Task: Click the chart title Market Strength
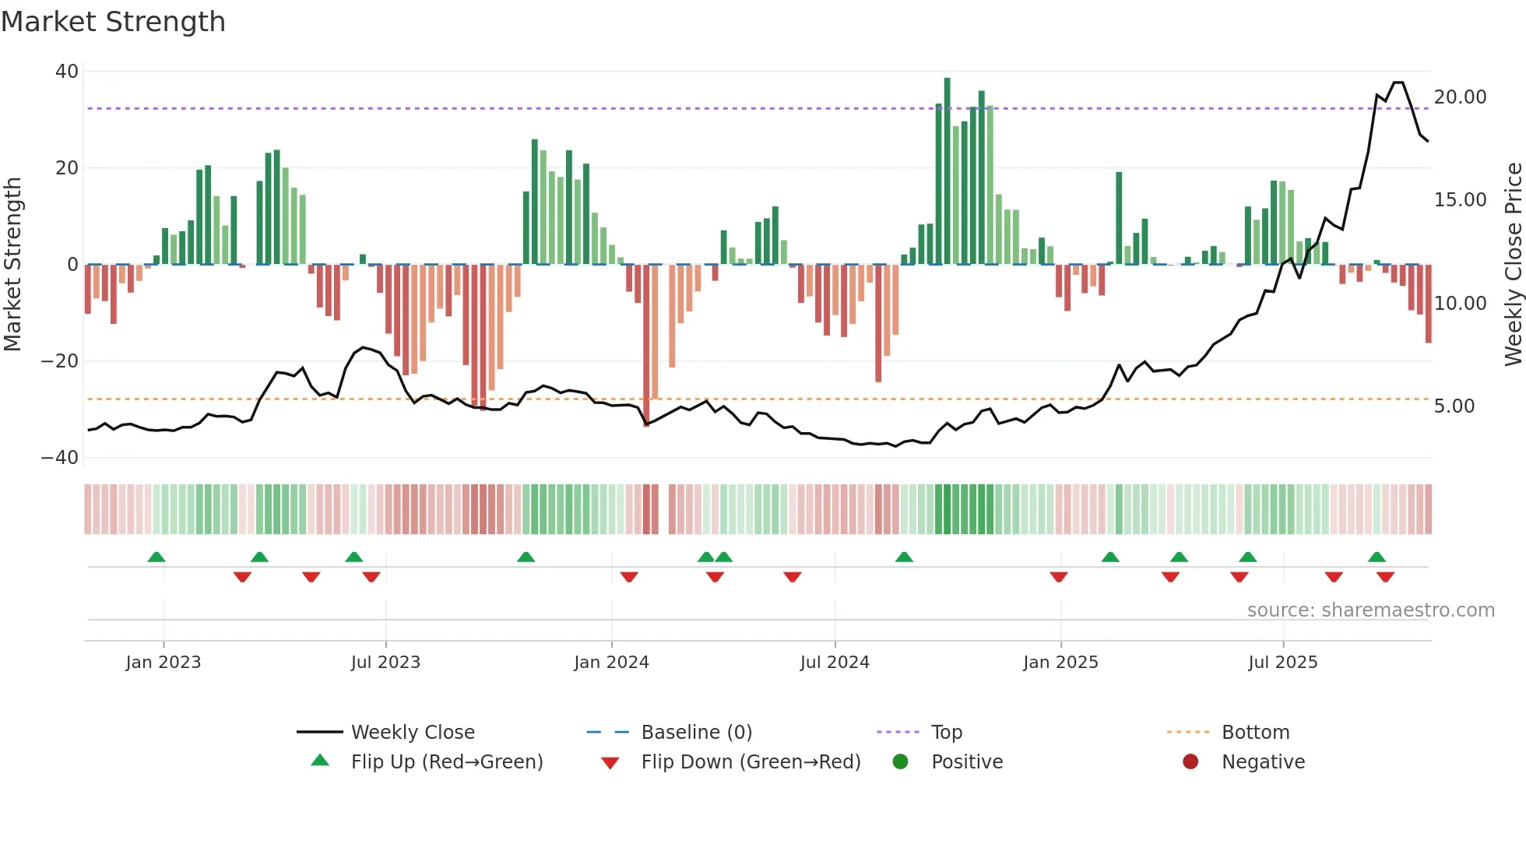click(113, 21)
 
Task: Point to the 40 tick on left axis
click(67, 72)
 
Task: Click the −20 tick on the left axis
click(60, 361)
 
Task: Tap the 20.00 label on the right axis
click(1460, 97)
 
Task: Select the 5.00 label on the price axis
click(1454, 406)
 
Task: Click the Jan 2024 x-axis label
click(611, 663)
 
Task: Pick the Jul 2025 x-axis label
click(1282, 663)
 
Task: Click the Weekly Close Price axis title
click(1513, 265)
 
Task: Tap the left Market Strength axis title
click(12, 265)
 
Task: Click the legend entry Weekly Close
click(412, 733)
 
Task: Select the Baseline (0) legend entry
click(696, 733)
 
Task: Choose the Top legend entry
click(946, 733)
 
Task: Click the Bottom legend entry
click(1255, 733)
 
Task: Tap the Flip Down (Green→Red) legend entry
click(750, 762)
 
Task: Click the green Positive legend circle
click(900, 762)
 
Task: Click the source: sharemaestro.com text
click(1370, 610)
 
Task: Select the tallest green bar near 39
click(947, 171)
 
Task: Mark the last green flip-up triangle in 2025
click(1377, 557)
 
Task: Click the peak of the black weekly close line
click(1398, 83)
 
